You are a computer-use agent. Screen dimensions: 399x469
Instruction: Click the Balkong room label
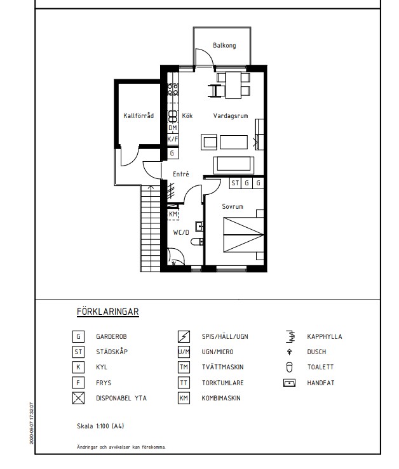pyautogui.click(x=224, y=46)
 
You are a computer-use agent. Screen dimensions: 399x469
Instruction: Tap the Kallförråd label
pyautogui.click(x=139, y=116)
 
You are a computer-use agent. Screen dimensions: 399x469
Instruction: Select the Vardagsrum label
pyautogui.click(x=231, y=116)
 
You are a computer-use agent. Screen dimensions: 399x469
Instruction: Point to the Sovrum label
pyautogui.click(x=233, y=206)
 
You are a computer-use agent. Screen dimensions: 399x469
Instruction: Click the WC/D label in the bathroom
pyautogui.click(x=181, y=232)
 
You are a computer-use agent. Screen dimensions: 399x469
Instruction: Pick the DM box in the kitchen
pyautogui.click(x=173, y=128)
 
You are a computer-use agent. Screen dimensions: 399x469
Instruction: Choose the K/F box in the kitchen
pyautogui.click(x=173, y=139)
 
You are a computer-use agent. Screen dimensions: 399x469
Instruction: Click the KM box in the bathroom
pyautogui.click(x=173, y=214)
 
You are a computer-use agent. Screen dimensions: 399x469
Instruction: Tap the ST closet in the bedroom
pyautogui.click(x=235, y=183)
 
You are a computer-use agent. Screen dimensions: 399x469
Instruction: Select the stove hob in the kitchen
pyautogui.click(x=173, y=89)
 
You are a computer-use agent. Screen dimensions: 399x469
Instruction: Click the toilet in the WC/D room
pyautogui.click(x=197, y=242)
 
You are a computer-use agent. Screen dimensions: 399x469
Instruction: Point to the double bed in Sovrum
pyautogui.click(x=243, y=235)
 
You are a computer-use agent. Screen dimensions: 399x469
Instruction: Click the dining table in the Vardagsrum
pyautogui.click(x=233, y=85)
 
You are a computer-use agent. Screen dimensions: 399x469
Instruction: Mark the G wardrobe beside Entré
pyautogui.click(x=172, y=153)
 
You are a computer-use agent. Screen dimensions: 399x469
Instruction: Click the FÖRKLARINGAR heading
pyautogui.click(x=108, y=312)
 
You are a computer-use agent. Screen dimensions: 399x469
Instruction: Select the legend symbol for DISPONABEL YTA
pyautogui.click(x=78, y=398)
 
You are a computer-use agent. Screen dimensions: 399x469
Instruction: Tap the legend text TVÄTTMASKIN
pyautogui.click(x=222, y=367)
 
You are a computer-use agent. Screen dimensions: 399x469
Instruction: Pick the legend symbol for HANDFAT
pyautogui.click(x=289, y=383)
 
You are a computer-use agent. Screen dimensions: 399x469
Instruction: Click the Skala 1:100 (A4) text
pyautogui.click(x=100, y=426)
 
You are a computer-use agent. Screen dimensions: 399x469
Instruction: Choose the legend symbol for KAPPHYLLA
pyautogui.click(x=290, y=336)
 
